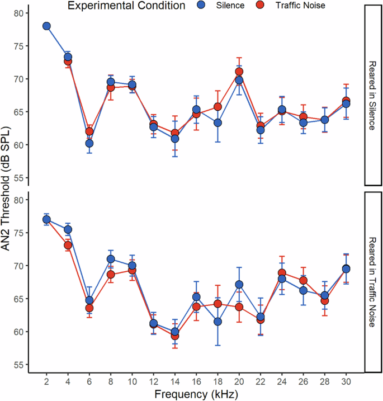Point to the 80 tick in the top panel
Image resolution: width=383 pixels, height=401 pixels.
21,13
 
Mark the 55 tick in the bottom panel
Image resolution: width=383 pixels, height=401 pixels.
21,365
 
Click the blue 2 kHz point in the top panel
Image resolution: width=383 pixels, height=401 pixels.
46,26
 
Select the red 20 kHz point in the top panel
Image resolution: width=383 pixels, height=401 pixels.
239,72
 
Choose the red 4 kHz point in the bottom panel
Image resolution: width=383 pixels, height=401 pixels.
68,245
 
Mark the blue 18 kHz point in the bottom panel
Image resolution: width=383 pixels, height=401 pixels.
217,322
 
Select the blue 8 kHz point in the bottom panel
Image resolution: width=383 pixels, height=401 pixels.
111,259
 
